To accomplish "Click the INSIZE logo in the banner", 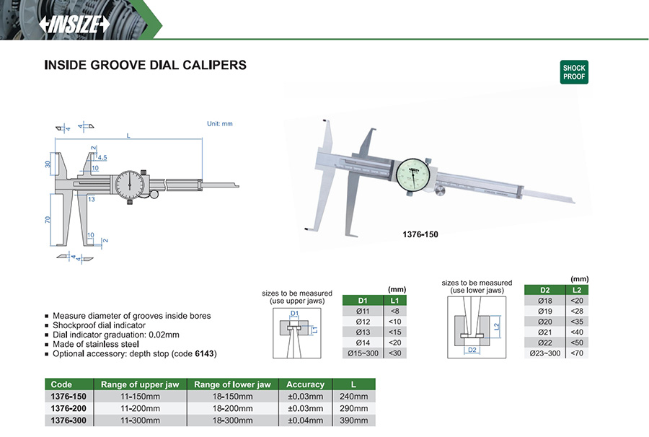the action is pos(74,25).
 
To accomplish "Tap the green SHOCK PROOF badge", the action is pos(574,72).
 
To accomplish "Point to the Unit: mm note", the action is pos(220,124).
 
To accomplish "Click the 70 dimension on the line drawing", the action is pos(48,220).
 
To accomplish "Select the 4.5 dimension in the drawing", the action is pos(102,158).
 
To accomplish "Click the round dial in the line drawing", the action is pos(130,184).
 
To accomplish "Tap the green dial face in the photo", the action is pos(413,175).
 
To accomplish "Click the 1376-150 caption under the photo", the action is pos(420,234).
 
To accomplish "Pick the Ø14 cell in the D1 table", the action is pos(363,343).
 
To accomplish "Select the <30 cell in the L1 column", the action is pos(395,353).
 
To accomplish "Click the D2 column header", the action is pos(544,290).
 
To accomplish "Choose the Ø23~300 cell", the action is pos(544,353).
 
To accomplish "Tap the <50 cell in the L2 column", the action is pos(577,343).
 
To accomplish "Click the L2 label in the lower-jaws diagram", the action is pos(497,326).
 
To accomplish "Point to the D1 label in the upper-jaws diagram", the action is pos(294,313).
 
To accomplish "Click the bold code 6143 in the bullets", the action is pos(205,354).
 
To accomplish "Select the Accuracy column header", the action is pos(306,384).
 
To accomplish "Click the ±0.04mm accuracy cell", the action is pos(306,420).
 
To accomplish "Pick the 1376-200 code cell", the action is pos(69,408).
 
